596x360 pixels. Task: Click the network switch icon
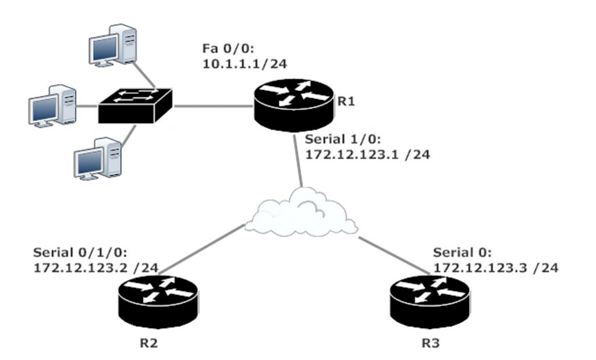click(x=136, y=105)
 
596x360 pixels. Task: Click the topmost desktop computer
click(x=113, y=44)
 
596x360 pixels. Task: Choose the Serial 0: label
click(x=463, y=252)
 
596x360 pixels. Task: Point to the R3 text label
click(x=430, y=343)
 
